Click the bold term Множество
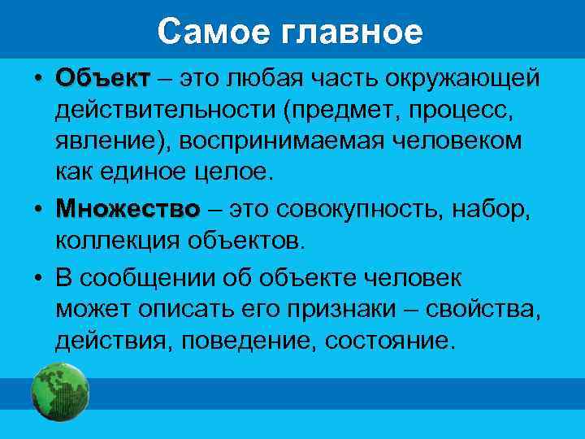[128, 210]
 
